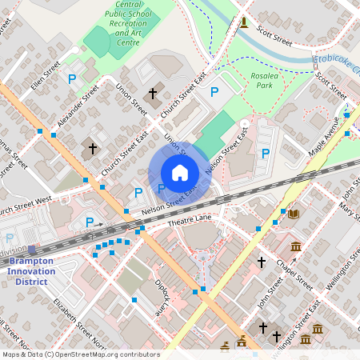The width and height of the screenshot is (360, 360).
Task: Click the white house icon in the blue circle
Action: click(180, 173)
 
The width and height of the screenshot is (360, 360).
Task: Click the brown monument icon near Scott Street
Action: click(243, 21)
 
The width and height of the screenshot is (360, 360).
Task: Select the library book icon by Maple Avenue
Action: click(293, 214)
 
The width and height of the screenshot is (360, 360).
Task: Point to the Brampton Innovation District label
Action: click(32, 266)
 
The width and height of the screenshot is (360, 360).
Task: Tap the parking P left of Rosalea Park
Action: click(214, 93)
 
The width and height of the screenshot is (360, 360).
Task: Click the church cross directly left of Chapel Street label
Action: click(261, 262)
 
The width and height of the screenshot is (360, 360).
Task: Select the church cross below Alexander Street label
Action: click(93, 148)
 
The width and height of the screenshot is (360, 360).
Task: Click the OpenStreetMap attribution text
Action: click(80, 354)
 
